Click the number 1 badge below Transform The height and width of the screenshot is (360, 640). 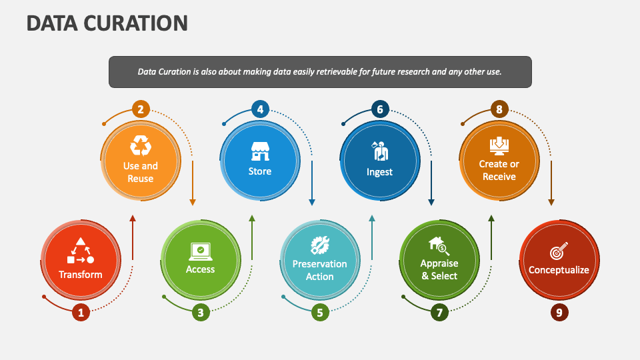click(x=81, y=311)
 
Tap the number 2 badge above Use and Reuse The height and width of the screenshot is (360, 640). click(x=141, y=109)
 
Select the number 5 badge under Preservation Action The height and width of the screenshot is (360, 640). click(x=320, y=311)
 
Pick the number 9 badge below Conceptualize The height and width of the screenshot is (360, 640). click(x=560, y=311)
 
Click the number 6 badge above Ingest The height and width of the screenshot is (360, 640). click(x=380, y=109)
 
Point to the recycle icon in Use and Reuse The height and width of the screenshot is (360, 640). click(x=141, y=145)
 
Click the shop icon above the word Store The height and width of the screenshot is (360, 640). click(x=260, y=151)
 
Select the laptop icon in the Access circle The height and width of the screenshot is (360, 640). click(x=200, y=251)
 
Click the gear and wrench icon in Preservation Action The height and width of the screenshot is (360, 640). click(x=320, y=244)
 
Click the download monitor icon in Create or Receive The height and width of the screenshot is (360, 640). click(x=499, y=145)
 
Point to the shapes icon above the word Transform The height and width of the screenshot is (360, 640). click(x=80, y=251)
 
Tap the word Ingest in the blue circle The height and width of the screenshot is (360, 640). click(x=379, y=172)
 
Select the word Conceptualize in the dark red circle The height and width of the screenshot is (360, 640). click(x=559, y=270)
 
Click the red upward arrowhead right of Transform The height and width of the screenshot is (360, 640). click(x=133, y=219)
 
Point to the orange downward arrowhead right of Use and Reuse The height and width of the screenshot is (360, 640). click(x=193, y=201)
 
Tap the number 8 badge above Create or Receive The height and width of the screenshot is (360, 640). click(x=499, y=109)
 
